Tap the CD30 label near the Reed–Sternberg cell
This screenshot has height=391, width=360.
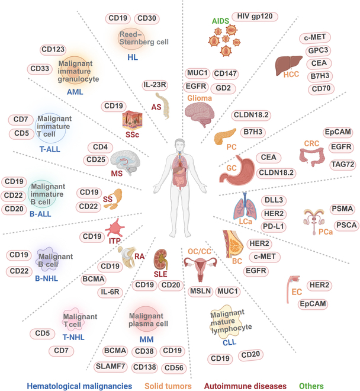pyautogui.click(x=146, y=18)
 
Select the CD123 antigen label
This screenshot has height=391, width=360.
pyautogui.click(x=53, y=50)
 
